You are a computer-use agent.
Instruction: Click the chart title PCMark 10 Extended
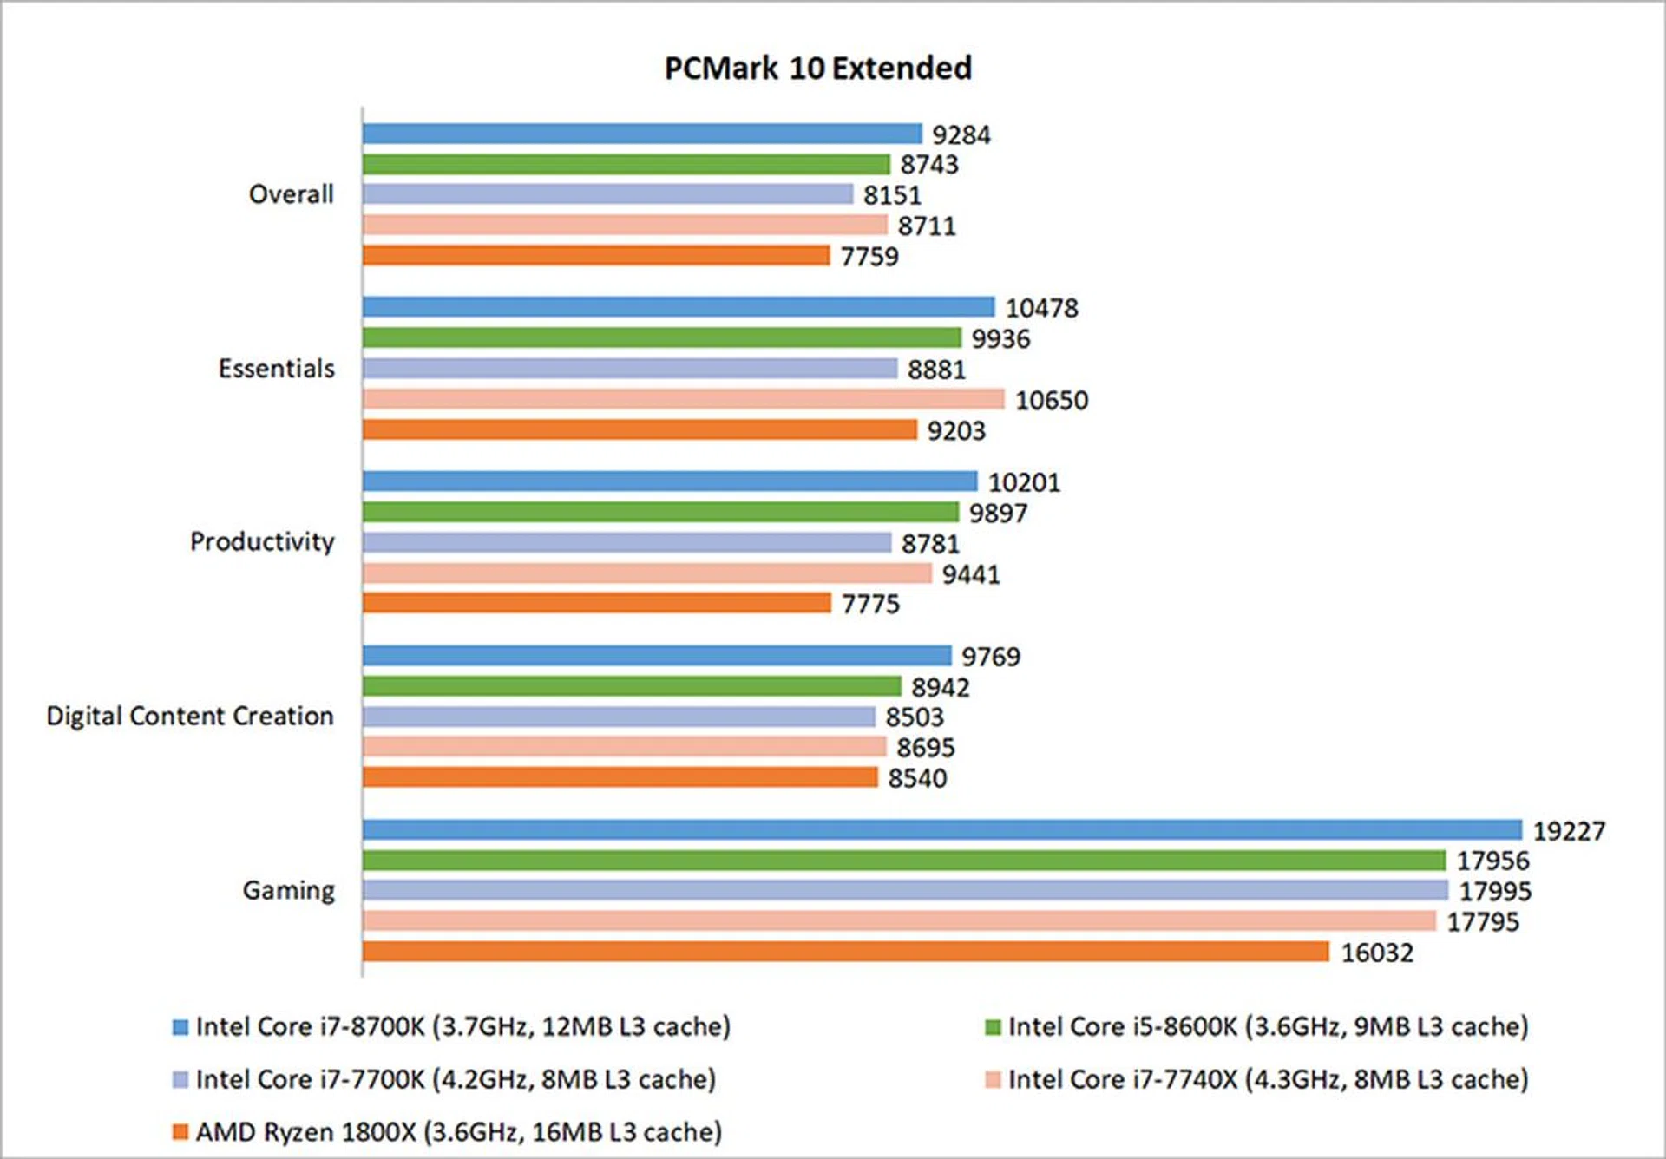click(817, 69)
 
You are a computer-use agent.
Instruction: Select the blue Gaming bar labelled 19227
click(941, 829)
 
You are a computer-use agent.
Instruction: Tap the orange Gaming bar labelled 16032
click(845, 952)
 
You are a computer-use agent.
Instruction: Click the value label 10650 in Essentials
click(1051, 400)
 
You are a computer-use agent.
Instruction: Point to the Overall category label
click(291, 194)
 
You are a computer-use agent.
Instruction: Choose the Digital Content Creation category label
click(190, 716)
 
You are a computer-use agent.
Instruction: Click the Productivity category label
click(262, 541)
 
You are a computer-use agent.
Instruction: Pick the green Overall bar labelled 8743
click(626, 164)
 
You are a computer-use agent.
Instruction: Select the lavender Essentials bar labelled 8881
click(630, 369)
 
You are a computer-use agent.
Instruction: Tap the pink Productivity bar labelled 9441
click(646, 573)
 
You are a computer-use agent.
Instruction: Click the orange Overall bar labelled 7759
click(596, 255)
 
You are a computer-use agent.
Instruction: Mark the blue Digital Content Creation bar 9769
click(657, 655)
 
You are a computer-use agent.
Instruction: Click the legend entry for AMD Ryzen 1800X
click(458, 1132)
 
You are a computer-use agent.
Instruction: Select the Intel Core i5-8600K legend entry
click(1267, 1027)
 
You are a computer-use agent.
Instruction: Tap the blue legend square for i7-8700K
click(180, 1028)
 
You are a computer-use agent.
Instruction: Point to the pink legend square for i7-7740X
click(994, 1080)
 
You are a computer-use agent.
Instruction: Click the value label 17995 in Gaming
click(1494, 891)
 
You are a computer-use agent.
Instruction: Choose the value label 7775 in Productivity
click(870, 604)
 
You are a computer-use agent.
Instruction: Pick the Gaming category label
click(288, 890)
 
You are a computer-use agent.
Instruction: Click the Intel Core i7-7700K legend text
click(456, 1079)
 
